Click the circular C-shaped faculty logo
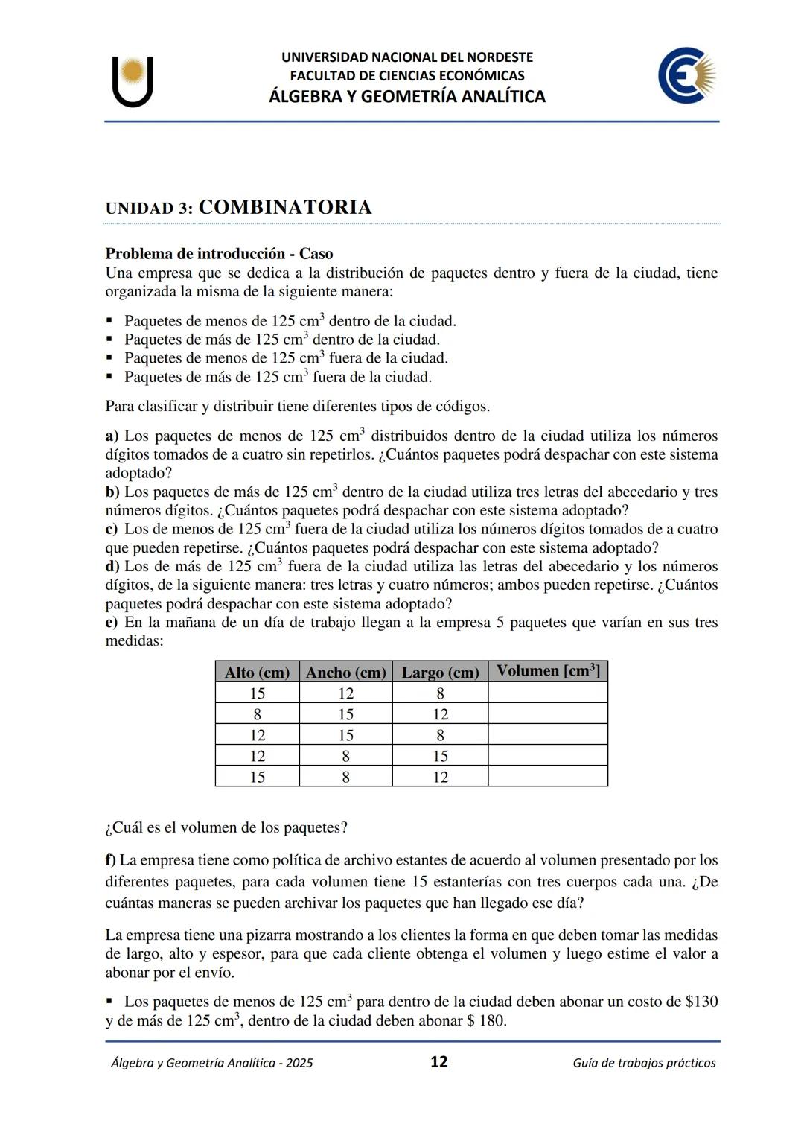point(686,76)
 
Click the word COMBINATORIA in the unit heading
point(285,207)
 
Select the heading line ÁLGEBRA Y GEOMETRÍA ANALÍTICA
point(406,96)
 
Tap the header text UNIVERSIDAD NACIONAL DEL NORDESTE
point(406,57)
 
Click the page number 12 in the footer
point(438,1061)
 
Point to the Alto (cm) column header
point(257,673)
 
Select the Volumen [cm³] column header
point(547,671)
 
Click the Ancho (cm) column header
point(345,673)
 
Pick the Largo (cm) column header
point(440,673)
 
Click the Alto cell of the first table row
point(257,693)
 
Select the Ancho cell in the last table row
point(345,777)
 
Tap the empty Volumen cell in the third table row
point(547,735)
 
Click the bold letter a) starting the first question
point(112,436)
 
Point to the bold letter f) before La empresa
point(110,860)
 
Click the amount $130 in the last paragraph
point(701,1002)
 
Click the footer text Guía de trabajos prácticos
point(644,1063)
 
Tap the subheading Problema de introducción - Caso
point(219,253)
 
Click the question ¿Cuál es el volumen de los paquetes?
point(226,827)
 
